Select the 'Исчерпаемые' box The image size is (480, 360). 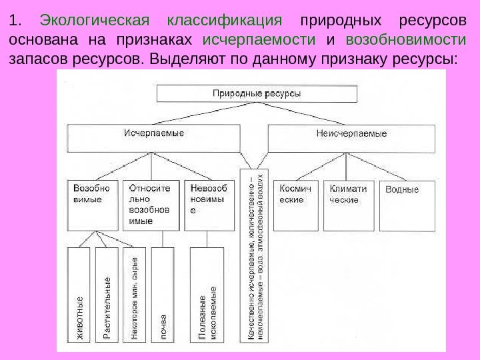pyautogui.click(x=154, y=138)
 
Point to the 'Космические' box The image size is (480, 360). pyautogui.click(x=296, y=205)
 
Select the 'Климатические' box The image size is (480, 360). pyautogui.click(x=349, y=205)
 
